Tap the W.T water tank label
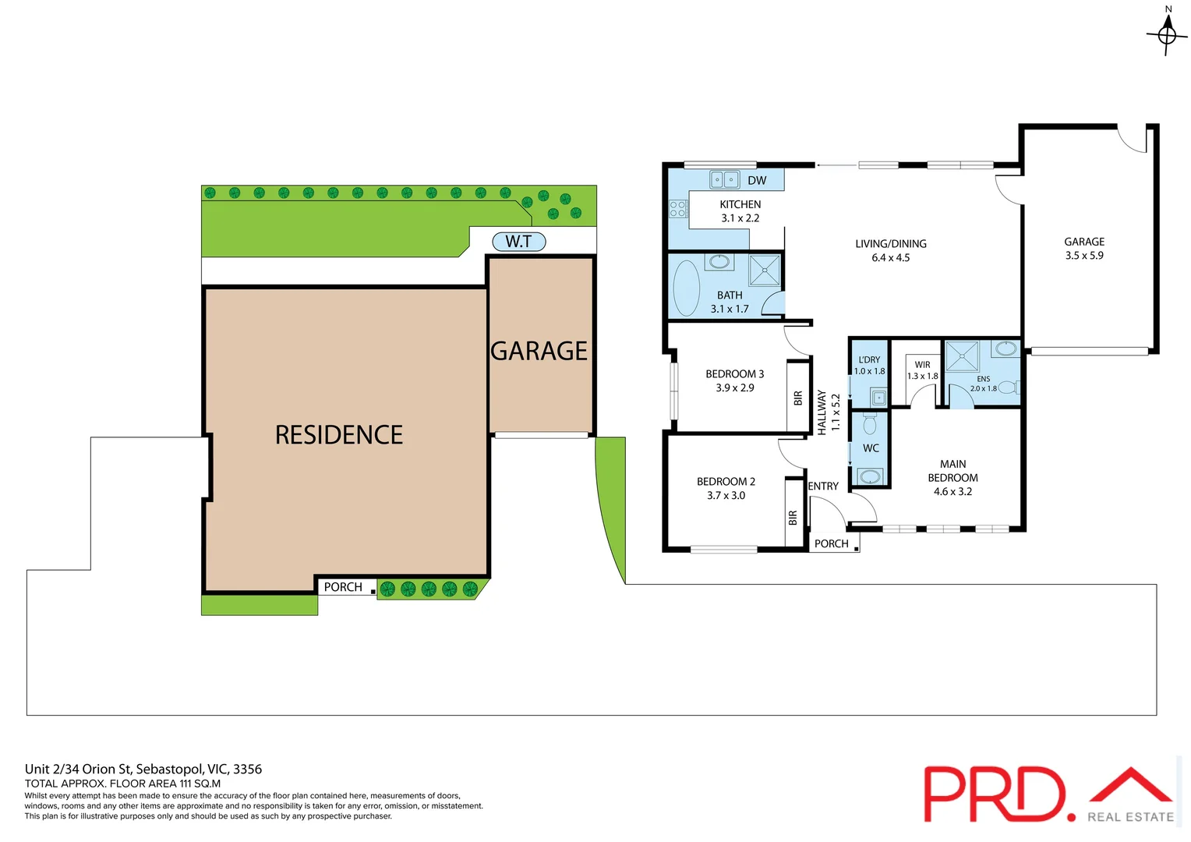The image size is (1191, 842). click(518, 242)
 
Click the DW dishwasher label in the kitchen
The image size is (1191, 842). click(757, 180)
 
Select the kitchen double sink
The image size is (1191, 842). click(724, 179)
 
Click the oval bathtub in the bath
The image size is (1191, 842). click(687, 288)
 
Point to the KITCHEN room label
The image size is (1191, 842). click(740, 204)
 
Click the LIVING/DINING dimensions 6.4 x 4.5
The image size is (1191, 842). click(890, 258)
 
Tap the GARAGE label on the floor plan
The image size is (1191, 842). click(1084, 242)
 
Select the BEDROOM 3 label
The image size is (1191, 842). click(734, 374)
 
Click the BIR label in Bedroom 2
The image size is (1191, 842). click(793, 517)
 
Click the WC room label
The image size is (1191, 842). click(871, 448)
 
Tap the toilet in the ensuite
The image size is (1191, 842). click(1008, 387)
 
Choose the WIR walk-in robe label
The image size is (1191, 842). click(922, 365)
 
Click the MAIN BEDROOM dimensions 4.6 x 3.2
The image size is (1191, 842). click(952, 492)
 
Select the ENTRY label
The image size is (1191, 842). click(823, 486)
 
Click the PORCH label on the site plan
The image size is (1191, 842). click(343, 587)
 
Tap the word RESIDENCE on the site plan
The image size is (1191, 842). click(339, 435)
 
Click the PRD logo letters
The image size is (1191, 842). click(994, 794)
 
